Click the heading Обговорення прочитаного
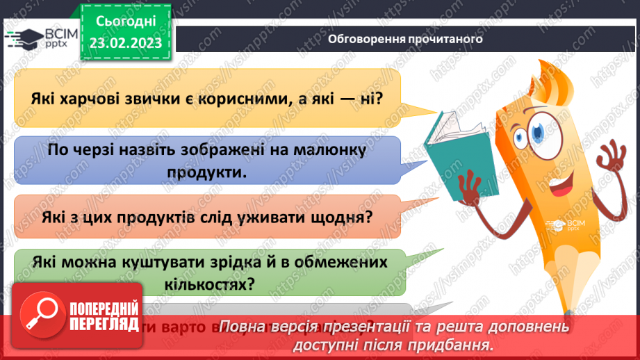405,39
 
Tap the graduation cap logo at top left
21,39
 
